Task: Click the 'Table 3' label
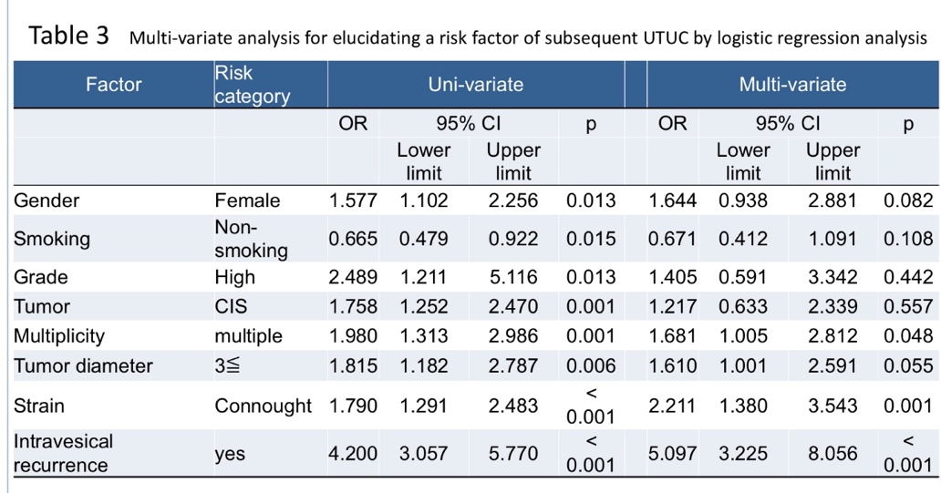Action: click(69, 36)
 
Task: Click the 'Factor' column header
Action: click(113, 85)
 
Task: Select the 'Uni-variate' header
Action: click(476, 85)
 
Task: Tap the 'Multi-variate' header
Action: click(792, 85)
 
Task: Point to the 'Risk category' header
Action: click(252, 85)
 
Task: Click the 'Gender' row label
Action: click(47, 200)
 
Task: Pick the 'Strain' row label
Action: click(39, 406)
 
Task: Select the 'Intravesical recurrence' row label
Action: click(63, 454)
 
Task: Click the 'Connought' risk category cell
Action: click(263, 406)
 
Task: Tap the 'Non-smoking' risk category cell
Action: click(251, 239)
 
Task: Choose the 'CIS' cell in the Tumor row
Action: click(231, 306)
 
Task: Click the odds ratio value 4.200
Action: click(353, 454)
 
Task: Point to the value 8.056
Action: click(832, 454)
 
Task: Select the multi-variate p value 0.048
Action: click(908, 336)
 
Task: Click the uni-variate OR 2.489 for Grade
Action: click(353, 277)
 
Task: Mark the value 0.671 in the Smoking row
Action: click(672, 239)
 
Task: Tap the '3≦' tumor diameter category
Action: click(227, 365)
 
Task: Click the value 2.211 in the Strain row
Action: click(672, 406)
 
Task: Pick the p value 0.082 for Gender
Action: click(908, 200)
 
